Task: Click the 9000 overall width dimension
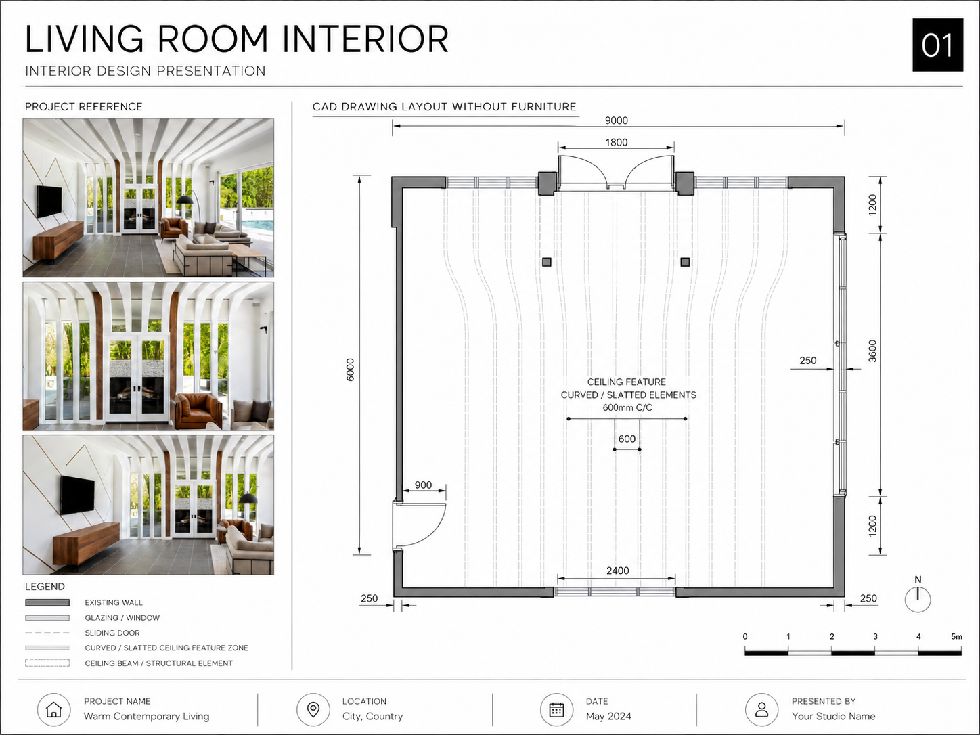pos(616,120)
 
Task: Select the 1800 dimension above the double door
pos(616,142)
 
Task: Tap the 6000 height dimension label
pos(350,370)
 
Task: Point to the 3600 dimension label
pos(872,351)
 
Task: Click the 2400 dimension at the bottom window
pos(617,571)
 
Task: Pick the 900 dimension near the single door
pos(423,485)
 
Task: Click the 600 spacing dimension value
pos(627,439)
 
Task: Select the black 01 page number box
pos(937,45)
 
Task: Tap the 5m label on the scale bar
pos(956,636)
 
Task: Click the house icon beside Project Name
pos(54,709)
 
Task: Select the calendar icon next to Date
pos(556,709)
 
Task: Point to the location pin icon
pos(313,709)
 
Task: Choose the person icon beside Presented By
pos(761,709)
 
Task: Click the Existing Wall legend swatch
pos(47,602)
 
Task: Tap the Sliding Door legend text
pos(112,633)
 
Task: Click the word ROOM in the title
pos(213,39)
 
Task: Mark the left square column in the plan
pos(546,262)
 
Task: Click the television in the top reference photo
pos(49,202)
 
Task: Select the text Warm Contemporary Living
pos(146,716)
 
